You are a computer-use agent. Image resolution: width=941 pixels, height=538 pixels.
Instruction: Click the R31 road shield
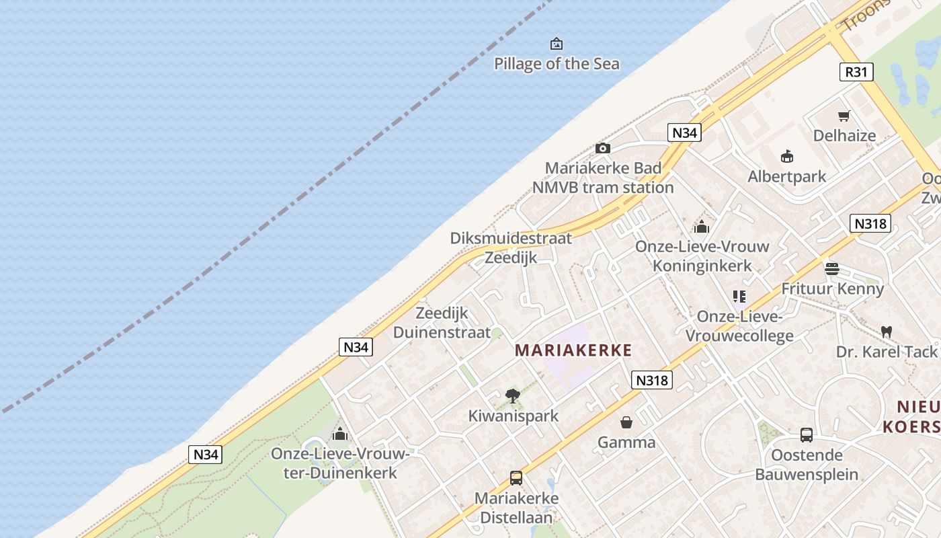click(x=856, y=72)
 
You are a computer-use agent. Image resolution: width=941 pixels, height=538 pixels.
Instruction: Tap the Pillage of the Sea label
click(x=557, y=64)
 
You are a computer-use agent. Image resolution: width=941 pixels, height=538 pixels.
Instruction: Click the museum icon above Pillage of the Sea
click(x=557, y=44)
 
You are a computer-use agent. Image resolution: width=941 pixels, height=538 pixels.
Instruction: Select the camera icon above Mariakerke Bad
click(x=603, y=148)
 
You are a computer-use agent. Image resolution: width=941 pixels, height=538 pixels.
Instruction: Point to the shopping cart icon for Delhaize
click(x=844, y=116)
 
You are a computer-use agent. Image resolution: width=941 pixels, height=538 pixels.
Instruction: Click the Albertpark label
click(x=787, y=177)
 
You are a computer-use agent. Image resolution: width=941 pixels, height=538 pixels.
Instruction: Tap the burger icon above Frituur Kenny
click(x=832, y=269)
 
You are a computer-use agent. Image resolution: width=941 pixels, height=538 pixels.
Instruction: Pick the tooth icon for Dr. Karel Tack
click(x=887, y=332)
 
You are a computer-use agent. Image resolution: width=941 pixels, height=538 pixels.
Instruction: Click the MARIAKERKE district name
click(x=573, y=350)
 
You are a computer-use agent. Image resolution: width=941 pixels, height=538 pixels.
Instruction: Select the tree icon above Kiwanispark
click(x=513, y=395)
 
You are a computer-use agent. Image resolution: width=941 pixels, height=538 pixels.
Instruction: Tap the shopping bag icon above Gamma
click(x=626, y=422)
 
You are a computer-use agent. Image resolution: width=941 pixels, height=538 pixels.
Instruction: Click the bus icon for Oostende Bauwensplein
click(x=807, y=435)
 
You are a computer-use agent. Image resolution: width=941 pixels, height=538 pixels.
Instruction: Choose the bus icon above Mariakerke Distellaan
click(x=516, y=478)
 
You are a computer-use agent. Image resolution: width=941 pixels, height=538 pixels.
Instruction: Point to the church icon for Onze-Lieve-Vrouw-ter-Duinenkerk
click(x=340, y=434)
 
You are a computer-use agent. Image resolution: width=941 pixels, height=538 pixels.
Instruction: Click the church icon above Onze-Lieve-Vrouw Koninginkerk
click(x=702, y=227)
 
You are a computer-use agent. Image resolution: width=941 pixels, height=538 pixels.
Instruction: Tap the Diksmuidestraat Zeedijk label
click(x=511, y=247)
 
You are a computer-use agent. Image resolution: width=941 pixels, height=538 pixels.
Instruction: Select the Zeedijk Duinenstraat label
click(x=442, y=322)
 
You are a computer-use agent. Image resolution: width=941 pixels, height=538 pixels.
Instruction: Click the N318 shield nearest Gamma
click(x=652, y=381)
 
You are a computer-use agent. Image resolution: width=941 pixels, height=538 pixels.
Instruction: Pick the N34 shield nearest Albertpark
click(x=685, y=133)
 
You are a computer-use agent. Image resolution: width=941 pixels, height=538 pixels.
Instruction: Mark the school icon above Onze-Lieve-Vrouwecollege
click(x=739, y=296)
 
